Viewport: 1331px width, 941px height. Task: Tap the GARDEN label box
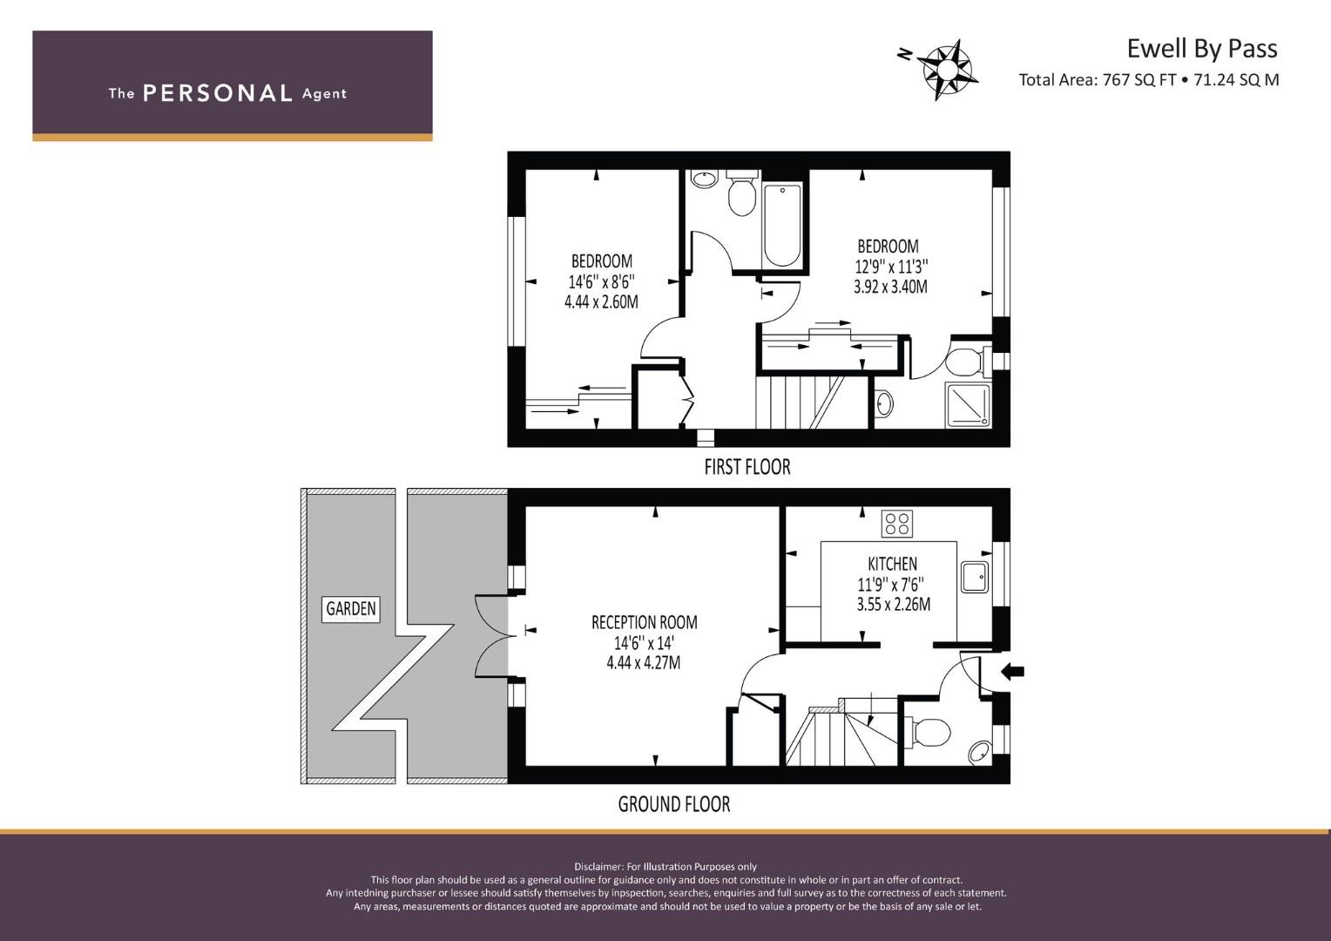coord(350,609)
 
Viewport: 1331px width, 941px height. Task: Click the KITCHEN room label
coord(892,564)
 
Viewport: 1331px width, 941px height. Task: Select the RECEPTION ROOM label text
coord(644,622)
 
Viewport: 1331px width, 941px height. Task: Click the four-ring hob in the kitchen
coord(896,524)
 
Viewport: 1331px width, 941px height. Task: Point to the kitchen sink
coord(975,577)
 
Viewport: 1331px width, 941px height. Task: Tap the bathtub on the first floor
coord(782,226)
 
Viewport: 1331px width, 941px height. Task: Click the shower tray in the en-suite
coord(968,405)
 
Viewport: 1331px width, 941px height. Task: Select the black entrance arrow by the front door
coord(1012,673)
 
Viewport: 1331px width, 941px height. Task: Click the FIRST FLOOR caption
coord(747,467)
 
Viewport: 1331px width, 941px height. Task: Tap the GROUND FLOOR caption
coord(674,804)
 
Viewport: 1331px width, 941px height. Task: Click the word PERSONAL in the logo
coord(218,93)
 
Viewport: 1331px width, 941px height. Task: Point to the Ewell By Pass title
coord(1202,49)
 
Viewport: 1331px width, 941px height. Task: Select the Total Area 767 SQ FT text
coord(1098,80)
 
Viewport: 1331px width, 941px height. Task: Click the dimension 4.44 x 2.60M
coord(601,302)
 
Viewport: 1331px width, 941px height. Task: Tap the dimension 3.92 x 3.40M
coord(890,288)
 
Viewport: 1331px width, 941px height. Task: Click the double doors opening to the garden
coord(492,635)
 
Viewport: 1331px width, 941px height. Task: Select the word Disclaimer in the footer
coord(598,867)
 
